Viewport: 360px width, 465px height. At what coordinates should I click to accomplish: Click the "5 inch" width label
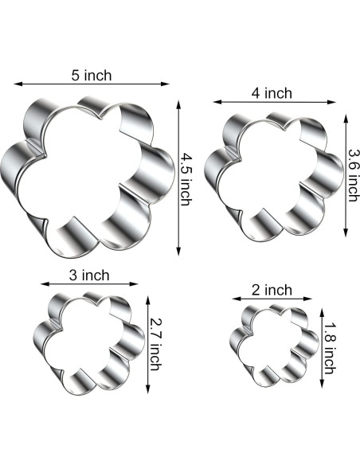92,76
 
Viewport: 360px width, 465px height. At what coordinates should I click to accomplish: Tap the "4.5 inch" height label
186,179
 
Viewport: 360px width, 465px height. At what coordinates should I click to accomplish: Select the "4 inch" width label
272,93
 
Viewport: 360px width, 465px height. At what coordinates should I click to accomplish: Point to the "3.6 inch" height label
353,175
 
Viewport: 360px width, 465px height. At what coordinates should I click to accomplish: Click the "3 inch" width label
89,275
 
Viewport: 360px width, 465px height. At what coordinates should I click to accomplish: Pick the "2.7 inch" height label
155,345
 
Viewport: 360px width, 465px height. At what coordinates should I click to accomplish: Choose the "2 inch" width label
272,290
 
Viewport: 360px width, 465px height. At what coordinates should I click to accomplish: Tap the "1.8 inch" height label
329,349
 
